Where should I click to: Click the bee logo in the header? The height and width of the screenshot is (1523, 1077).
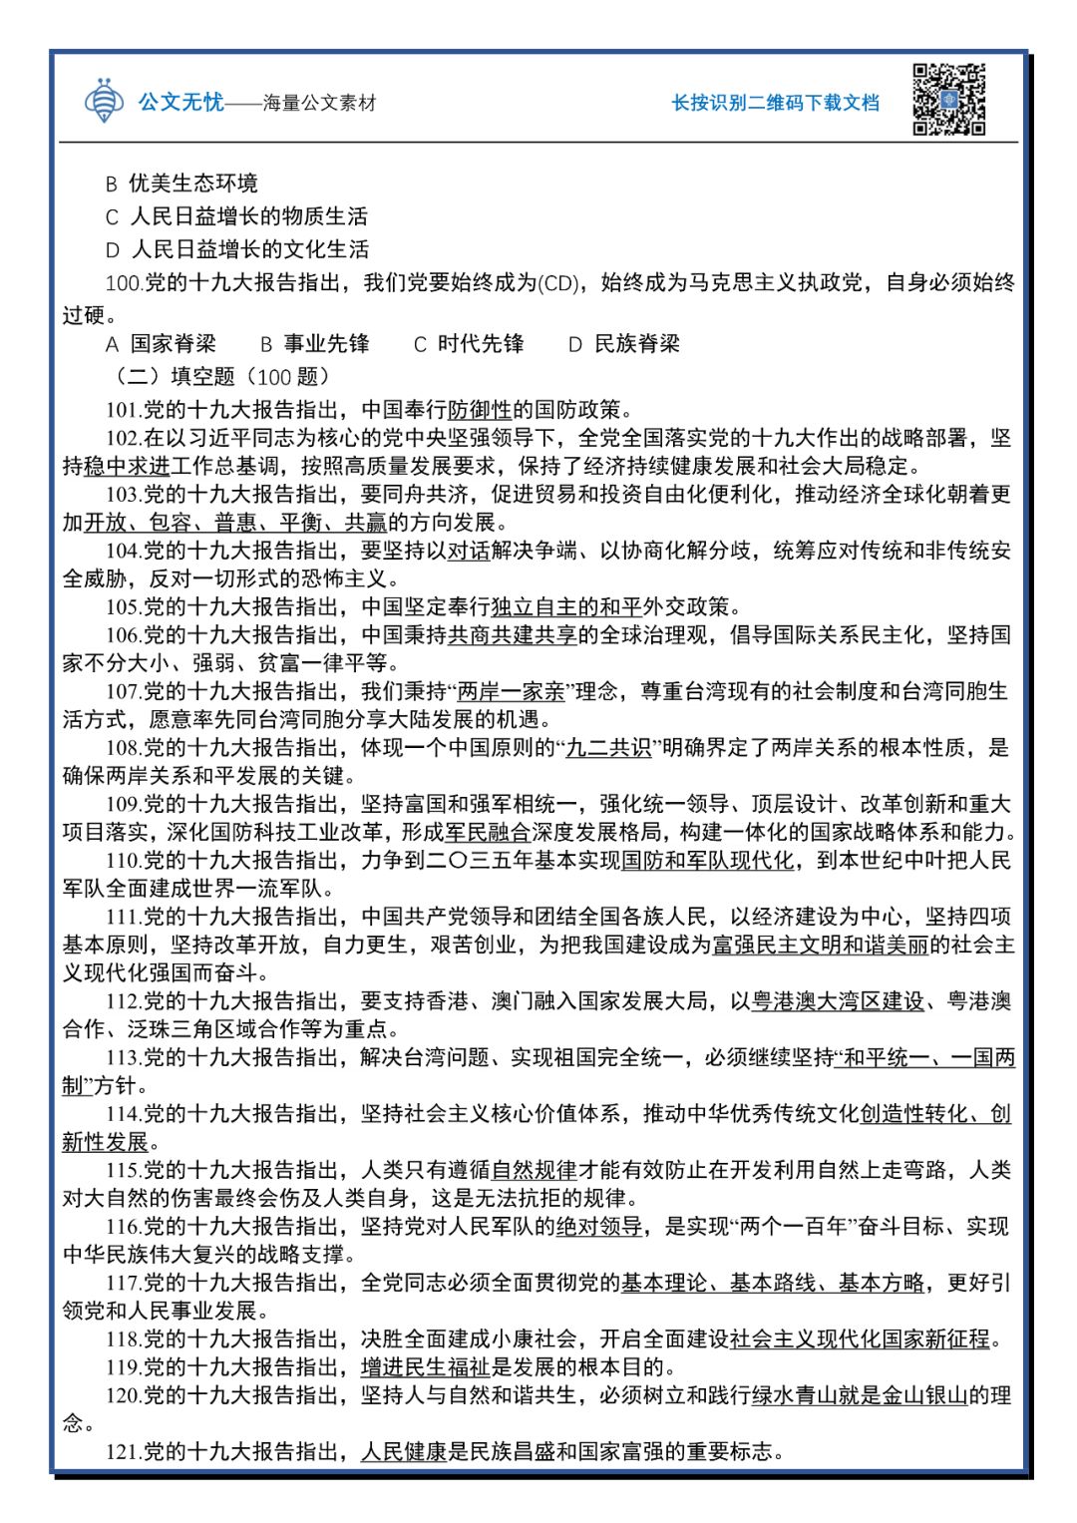coord(104,101)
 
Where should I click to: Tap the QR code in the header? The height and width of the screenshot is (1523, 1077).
coord(948,100)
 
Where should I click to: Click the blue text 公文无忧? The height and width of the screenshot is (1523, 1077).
coord(180,102)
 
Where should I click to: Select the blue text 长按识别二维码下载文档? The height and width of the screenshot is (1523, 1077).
coord(775,103)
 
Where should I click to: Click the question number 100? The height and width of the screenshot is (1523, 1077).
coord(124,283)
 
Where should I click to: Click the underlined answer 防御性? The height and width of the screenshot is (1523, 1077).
coord(480,409)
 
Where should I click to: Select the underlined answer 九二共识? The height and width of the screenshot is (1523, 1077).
coord(608,748)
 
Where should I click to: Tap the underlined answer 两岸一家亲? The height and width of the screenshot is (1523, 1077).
coord(511,691)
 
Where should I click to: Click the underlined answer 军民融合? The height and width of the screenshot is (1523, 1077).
coord(488,832)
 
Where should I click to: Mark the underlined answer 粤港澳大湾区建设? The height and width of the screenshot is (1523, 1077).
coord(839,1001)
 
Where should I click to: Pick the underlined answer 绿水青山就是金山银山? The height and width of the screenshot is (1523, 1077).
coord(859,1395)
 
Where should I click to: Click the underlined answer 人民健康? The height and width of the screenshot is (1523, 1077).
coord(404,1452)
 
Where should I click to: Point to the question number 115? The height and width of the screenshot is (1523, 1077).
coord(124,1170)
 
